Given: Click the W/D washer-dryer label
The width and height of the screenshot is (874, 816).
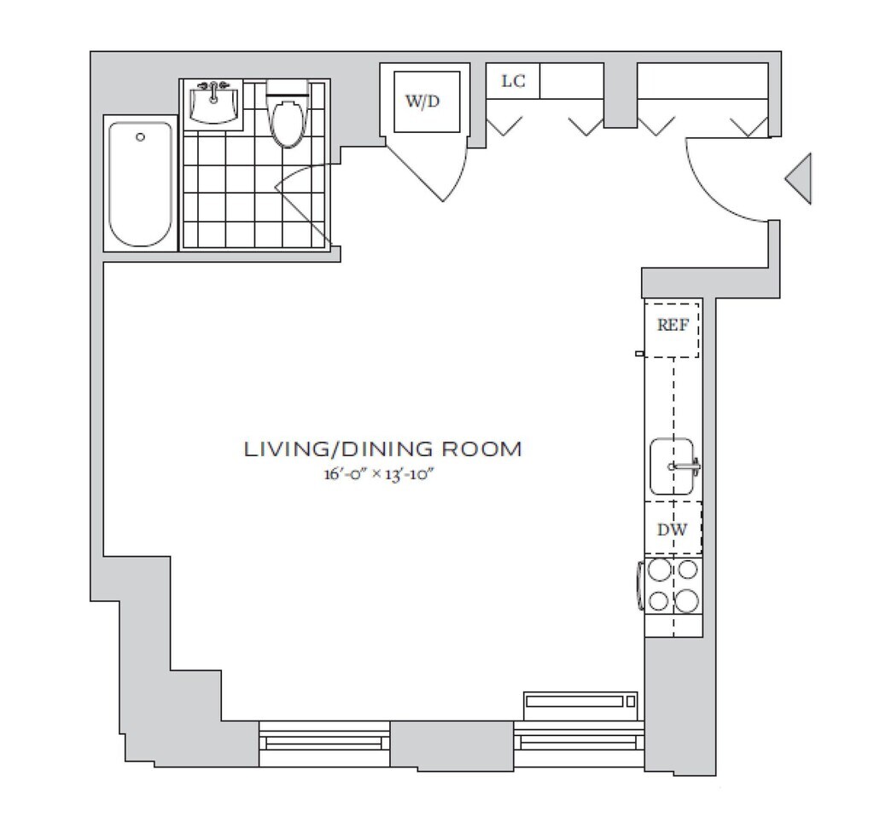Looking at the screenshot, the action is [422, 102].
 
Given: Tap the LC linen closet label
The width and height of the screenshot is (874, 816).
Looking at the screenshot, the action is [513, 81].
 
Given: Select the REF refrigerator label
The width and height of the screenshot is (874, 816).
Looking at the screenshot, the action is [673, 325].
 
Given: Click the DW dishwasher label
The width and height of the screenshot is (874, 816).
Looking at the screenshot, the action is [673, 530].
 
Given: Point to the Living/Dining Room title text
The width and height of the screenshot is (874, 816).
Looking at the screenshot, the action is [383, 449].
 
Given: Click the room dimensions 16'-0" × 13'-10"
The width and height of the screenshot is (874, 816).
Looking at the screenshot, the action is [379, 475].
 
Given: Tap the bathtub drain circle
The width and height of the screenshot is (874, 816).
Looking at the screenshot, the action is [141, 137].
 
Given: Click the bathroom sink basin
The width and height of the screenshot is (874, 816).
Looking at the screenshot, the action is [213, 105].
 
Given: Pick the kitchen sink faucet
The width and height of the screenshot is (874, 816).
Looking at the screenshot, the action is [685, 466].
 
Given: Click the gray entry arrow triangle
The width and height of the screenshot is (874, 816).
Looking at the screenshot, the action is [798, 178].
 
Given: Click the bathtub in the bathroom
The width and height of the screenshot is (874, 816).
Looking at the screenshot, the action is [141, 184].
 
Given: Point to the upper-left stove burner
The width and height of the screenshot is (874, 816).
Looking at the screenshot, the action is [661, 570].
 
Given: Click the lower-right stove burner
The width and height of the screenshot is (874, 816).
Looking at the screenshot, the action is [686, 600].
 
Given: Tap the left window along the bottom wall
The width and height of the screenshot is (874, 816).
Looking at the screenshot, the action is [324, 743].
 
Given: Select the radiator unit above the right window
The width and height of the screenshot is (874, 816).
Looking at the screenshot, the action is [580, 701].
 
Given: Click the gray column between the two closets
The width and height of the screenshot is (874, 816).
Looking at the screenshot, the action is [621, 95].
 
